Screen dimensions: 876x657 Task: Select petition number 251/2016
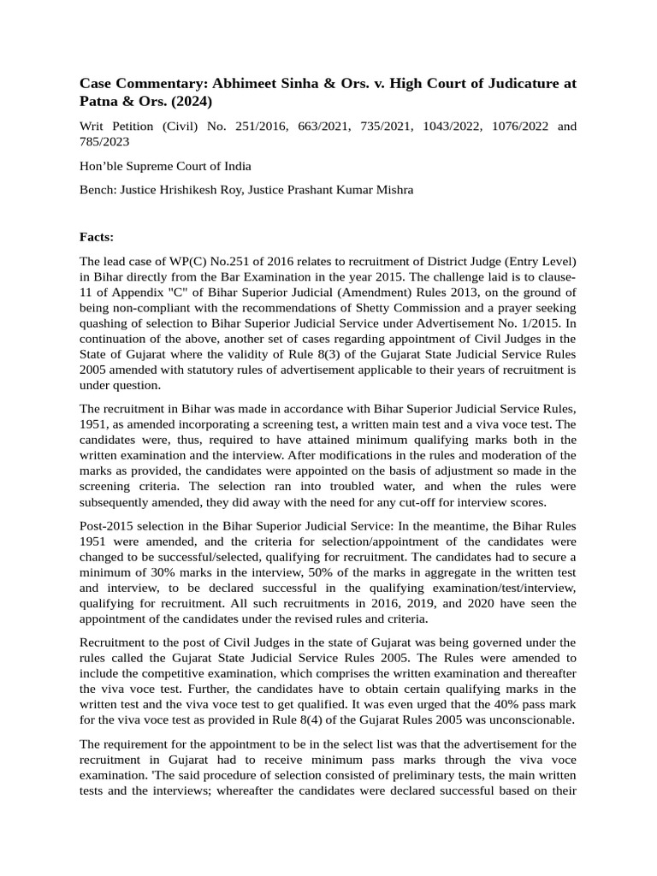[262, 127]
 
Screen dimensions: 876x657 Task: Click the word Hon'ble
[101, 166]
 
